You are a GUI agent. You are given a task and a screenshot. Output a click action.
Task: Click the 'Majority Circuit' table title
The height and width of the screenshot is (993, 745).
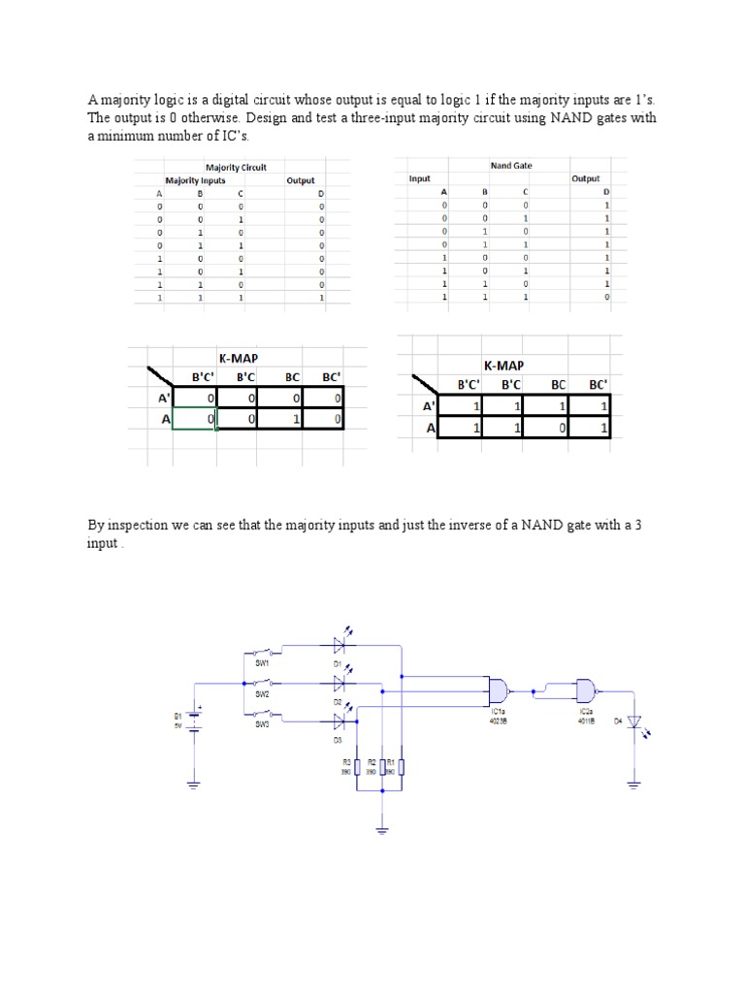(x=236, y=168)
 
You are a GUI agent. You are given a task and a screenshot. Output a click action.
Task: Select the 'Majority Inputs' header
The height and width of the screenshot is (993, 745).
(x=195, y=180)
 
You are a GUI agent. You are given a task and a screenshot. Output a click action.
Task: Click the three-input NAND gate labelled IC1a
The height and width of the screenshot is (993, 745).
(x=499, y=690)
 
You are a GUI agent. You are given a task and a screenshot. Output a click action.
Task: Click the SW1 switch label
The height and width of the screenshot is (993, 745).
(x=262, y=664)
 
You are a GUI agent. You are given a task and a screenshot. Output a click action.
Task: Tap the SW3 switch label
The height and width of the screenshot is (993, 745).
(x=262, y=724)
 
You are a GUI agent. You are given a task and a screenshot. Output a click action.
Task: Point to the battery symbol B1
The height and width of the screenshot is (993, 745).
(x=194, y=719)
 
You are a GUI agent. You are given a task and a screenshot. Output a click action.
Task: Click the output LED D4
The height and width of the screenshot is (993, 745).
(x=633, y=721)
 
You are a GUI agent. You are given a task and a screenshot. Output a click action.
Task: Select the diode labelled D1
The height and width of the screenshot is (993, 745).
(x=340, y=645)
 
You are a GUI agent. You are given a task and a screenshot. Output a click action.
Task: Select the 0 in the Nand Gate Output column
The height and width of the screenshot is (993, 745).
(x=607, y=298)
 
